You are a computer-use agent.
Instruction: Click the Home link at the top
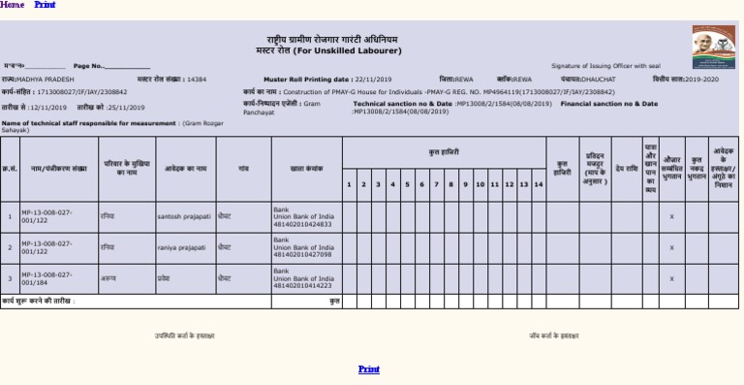(x=13, y=5)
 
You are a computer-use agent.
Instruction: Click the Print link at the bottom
(x=368, y=369)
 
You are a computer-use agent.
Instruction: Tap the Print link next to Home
(x=45, y=5)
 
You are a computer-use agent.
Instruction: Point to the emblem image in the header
(x=713, y=47)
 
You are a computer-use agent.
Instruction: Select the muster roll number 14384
(x=197, y=80)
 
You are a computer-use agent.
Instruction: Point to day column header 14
(x=538, y=184)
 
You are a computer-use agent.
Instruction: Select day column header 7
(x=436, y=184)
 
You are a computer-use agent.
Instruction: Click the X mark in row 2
(x=671, y=247)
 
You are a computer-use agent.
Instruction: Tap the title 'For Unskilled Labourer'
(x=337, y=49)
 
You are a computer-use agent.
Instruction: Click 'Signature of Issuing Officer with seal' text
(x=604, y=66)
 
